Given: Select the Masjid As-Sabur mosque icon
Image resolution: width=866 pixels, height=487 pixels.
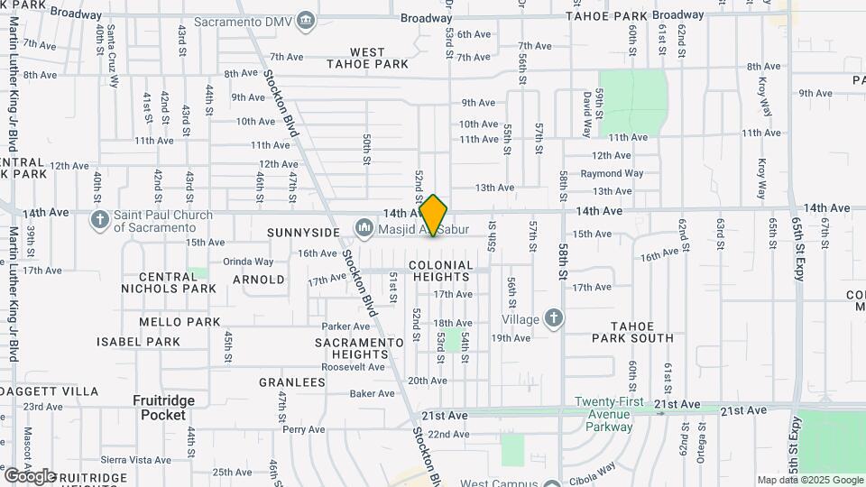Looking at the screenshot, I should [x=364, y=227].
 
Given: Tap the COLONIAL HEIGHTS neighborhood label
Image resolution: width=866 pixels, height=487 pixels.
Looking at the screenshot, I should [x=441, y=271].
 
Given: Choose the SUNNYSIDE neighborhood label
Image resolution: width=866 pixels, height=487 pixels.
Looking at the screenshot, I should [x=302, y=233].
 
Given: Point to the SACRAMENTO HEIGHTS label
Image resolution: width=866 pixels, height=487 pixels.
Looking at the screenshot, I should [x=359, y=348].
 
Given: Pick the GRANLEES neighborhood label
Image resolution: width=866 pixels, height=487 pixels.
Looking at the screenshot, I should [x=292, y=382].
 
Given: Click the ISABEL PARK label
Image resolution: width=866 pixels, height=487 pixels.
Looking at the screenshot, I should [x=139, y=342].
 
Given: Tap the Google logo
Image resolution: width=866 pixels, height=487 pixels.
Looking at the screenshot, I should [x=30, y=475].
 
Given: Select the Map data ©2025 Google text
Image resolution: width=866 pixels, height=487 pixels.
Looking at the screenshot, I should [x=809, y=480].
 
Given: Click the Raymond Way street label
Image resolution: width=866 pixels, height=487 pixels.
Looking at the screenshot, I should [x=612, y=173].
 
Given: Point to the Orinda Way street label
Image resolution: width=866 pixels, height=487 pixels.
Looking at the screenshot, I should [x=248, y=262].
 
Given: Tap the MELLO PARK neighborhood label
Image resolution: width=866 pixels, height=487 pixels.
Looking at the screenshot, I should [x=180, y=321].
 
